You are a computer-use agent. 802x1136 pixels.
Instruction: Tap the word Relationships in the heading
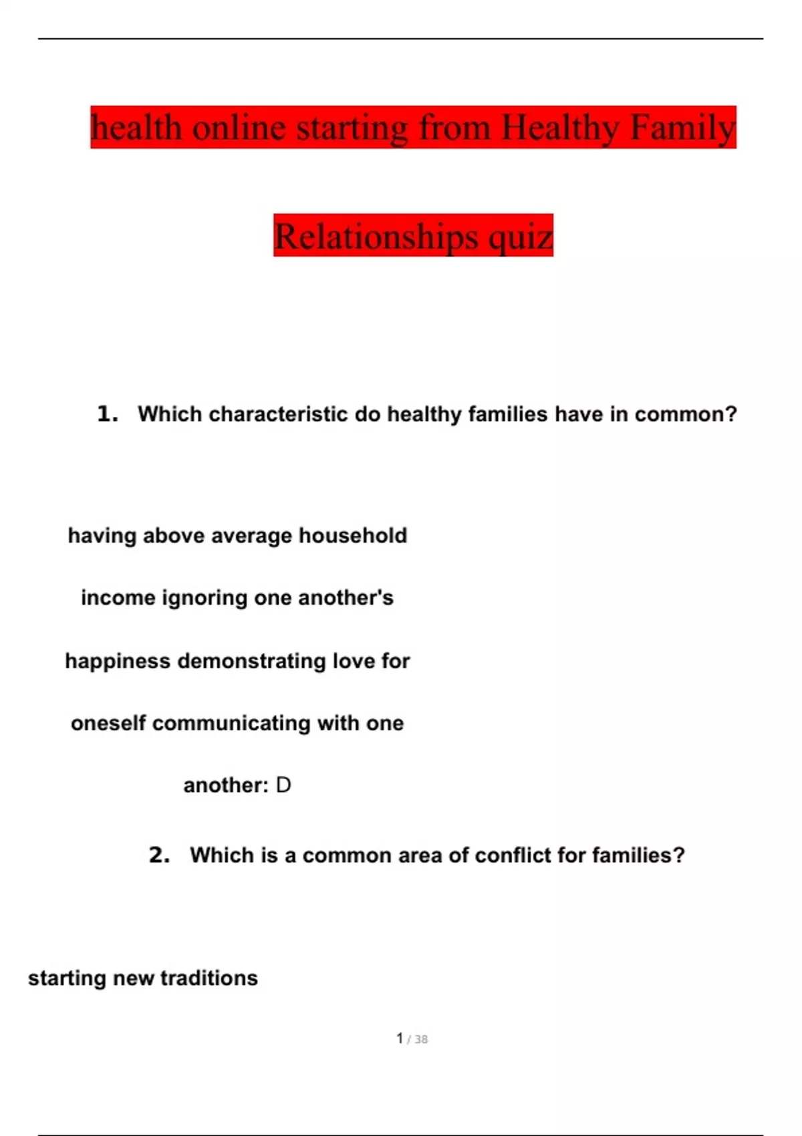pyautogui.click(x=376, y=236)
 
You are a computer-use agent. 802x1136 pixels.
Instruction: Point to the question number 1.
pyautogui.click(x=107, y=414)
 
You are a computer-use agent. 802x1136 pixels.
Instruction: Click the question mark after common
pyautogui.click(x=731, y=414)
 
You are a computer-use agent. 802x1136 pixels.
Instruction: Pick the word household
pyautogui.click(x=352, y=535)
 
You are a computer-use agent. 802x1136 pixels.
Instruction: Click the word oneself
pyautogui.click(x=108, y=723)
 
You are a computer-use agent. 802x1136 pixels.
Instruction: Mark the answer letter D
pyautogui.click(x=283, y=785)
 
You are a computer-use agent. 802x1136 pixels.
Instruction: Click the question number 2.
pyautogui.click(x=159, y=855)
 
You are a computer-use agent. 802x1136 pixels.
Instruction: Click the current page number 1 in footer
pyautogui.click(x=400, y=1038)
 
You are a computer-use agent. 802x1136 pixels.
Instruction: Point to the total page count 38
pyautogui.click(x=421, y=1040)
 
